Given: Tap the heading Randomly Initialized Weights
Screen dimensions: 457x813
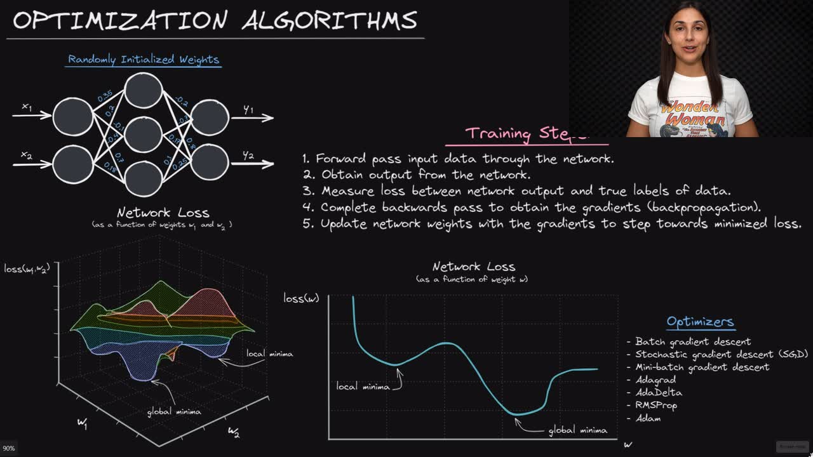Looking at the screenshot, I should (x=144, y=60).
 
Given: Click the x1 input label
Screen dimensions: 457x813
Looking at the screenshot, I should (x=27, y=107).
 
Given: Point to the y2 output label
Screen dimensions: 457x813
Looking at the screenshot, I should (x=248, y=156).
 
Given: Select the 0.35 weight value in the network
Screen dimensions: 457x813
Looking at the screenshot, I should (x=105, y=96).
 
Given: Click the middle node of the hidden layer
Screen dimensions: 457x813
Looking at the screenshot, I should (x=143, y=135).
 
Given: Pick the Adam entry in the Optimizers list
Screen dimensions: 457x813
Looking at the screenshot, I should (x=648, y=418).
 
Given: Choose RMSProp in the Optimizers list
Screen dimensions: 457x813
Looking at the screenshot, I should (x=656, y=405).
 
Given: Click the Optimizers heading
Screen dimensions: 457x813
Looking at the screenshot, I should (x=700, y=322).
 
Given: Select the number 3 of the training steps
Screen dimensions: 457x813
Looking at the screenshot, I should (x=308, y=191).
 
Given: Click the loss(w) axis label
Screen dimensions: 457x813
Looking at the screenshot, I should (x=301, y=298).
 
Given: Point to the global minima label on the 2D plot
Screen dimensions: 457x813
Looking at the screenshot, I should (x=577, y=430).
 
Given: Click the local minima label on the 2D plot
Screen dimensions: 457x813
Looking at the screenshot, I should (x=363, y=387).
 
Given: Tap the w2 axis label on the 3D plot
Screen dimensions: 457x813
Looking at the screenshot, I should (x=233, y=433).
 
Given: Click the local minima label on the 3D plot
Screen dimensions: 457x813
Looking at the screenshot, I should (x=270, y=354).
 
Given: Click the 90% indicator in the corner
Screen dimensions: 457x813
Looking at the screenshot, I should (x=9, y=448).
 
